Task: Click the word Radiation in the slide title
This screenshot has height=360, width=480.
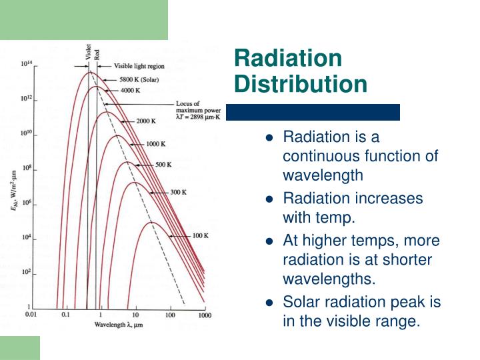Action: [287, 59]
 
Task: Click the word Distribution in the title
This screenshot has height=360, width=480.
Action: [301, 85]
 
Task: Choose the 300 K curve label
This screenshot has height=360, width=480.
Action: [177, 192]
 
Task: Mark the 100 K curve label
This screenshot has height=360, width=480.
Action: [201, 236]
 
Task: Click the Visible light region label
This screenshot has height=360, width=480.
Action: [139, 67]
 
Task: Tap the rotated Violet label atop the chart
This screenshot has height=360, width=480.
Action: [88, 52]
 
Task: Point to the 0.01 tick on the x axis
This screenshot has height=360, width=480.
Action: [31, 313]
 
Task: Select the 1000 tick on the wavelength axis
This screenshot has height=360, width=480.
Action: [205, 314]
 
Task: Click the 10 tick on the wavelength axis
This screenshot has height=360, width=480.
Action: [135, 314]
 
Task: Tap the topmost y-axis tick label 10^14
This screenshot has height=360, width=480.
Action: [27, 64]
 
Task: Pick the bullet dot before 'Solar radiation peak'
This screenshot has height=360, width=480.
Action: [269, 302]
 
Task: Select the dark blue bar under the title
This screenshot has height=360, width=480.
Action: [313, 112]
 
